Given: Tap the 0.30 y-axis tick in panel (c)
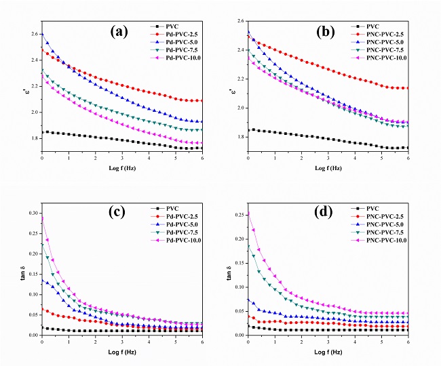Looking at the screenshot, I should pos(31,213).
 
